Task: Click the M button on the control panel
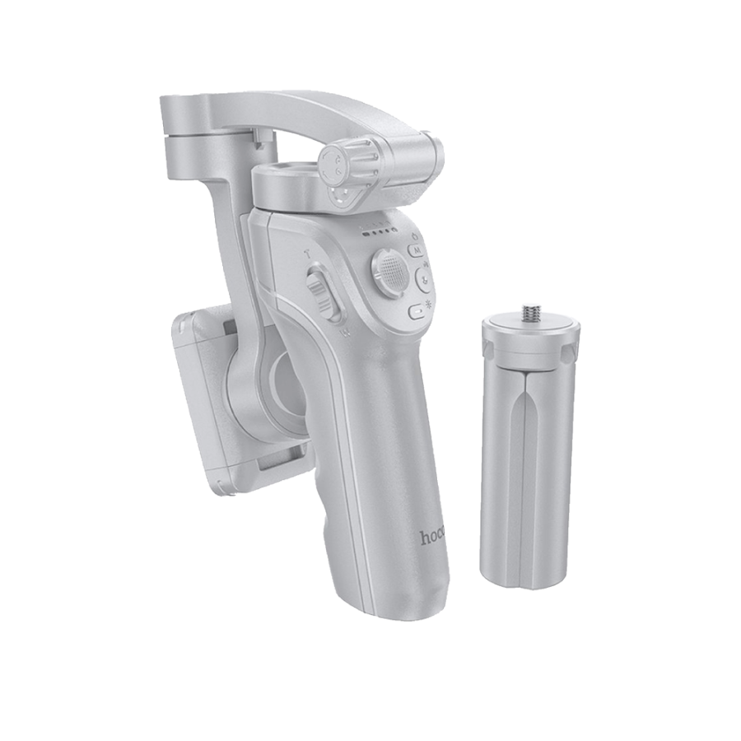416,249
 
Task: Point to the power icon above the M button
414,235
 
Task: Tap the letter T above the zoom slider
306,256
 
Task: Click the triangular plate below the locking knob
344,196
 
